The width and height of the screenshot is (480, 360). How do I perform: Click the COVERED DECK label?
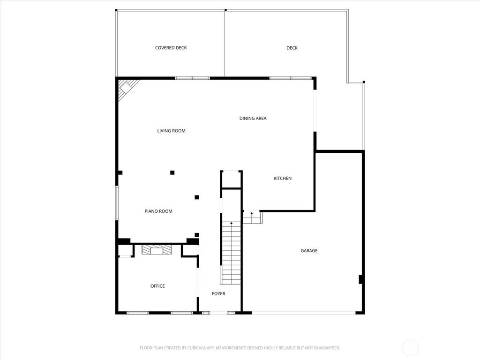coord(171,48)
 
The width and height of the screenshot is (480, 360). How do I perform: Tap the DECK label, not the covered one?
coord(292,48)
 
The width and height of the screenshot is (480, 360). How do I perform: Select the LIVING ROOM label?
coord(171,131)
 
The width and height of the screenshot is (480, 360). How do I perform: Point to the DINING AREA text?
coord(253,118)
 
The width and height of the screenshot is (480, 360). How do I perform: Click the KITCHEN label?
coord(283,178)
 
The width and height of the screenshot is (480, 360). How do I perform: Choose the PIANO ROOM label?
coord(158,211)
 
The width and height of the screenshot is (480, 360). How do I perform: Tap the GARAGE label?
coord(309,251)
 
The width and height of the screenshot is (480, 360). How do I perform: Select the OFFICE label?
coord(157,286)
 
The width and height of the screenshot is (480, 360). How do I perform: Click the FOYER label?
coord(218,294)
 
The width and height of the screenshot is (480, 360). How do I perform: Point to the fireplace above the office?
coord(157,250)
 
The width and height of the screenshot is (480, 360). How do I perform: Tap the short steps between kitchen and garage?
coord(253,217)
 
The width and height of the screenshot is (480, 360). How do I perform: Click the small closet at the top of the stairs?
coord(231,179)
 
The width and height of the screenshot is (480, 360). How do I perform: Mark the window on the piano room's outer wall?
coord(117,202)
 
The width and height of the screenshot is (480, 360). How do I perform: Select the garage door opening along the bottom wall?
coord(303,313)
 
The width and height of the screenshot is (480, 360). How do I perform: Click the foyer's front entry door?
coord(218,313)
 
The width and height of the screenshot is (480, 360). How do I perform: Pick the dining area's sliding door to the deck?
coord(315,111)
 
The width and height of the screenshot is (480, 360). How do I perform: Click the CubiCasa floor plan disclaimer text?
coord(240,348)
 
